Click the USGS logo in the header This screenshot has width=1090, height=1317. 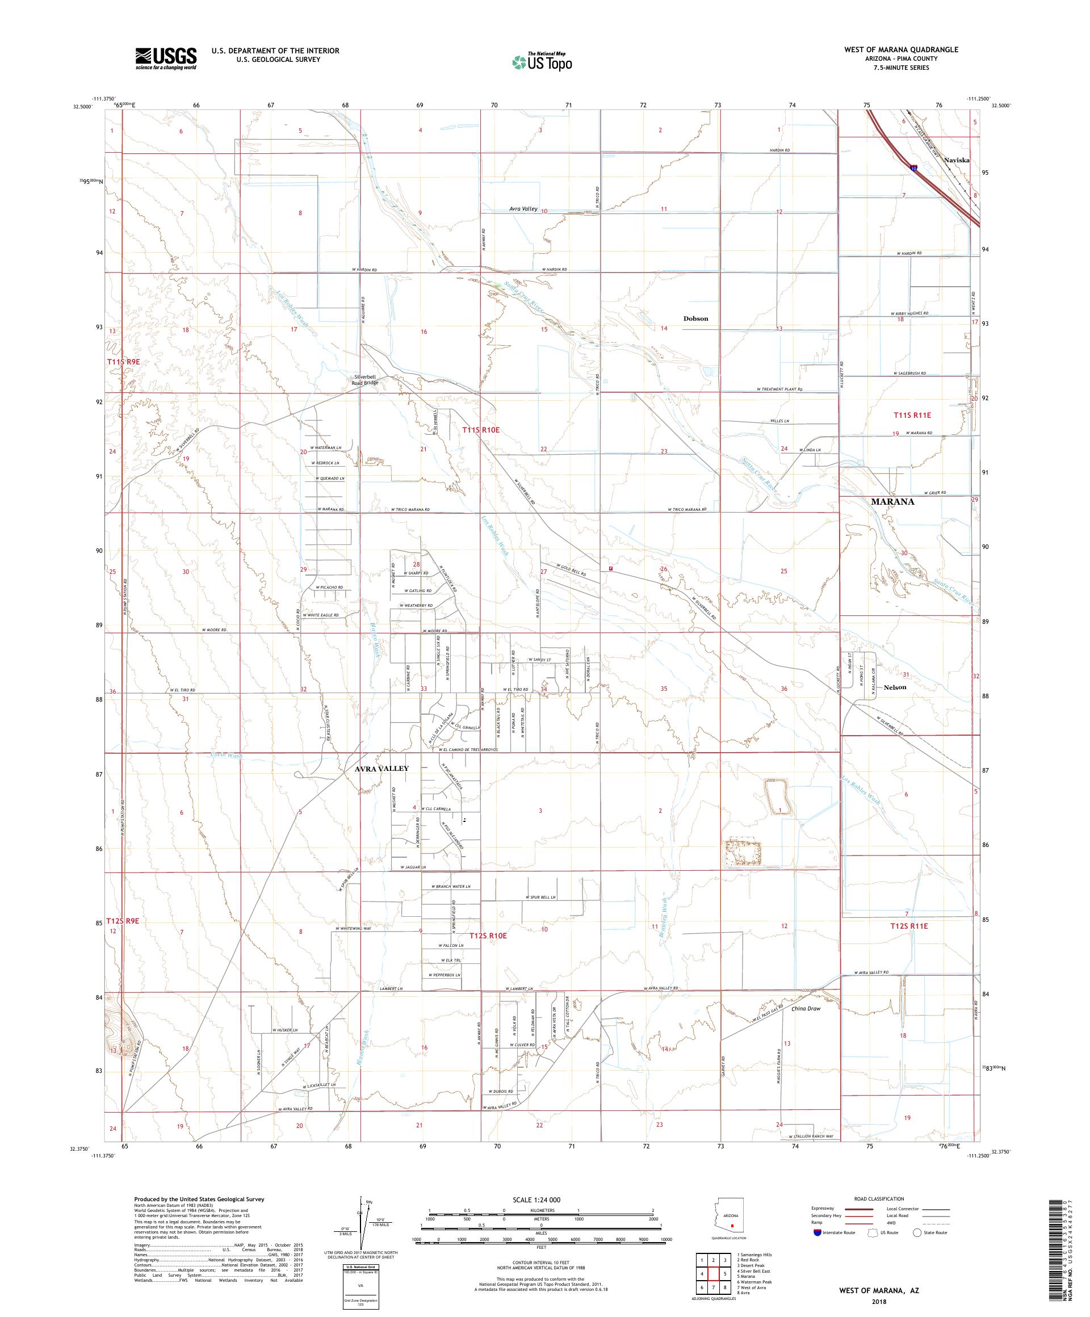166,58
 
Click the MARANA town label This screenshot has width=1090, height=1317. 892,502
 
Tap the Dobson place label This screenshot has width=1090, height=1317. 695,318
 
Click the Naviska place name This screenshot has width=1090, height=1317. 957,160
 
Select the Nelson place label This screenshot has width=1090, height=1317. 895,687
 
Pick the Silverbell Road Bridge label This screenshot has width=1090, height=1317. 366,379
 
